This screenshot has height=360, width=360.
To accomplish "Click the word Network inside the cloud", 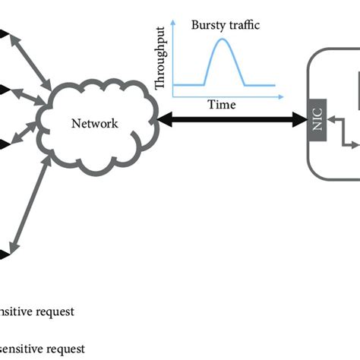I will tap(94, 123).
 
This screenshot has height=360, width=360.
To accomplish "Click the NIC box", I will tap(318, 122).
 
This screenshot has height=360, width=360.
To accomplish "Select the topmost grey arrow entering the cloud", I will tap(28, 55).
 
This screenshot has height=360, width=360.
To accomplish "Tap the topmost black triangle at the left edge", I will tap(4, 33).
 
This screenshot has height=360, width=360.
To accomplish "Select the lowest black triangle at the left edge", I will tap(4, 254).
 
